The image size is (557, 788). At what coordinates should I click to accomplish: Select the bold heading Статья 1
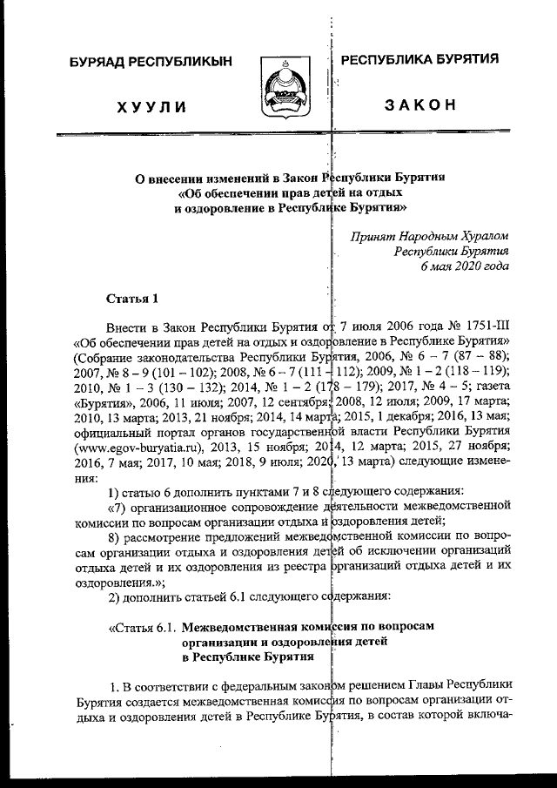click(x=131, y=300)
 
